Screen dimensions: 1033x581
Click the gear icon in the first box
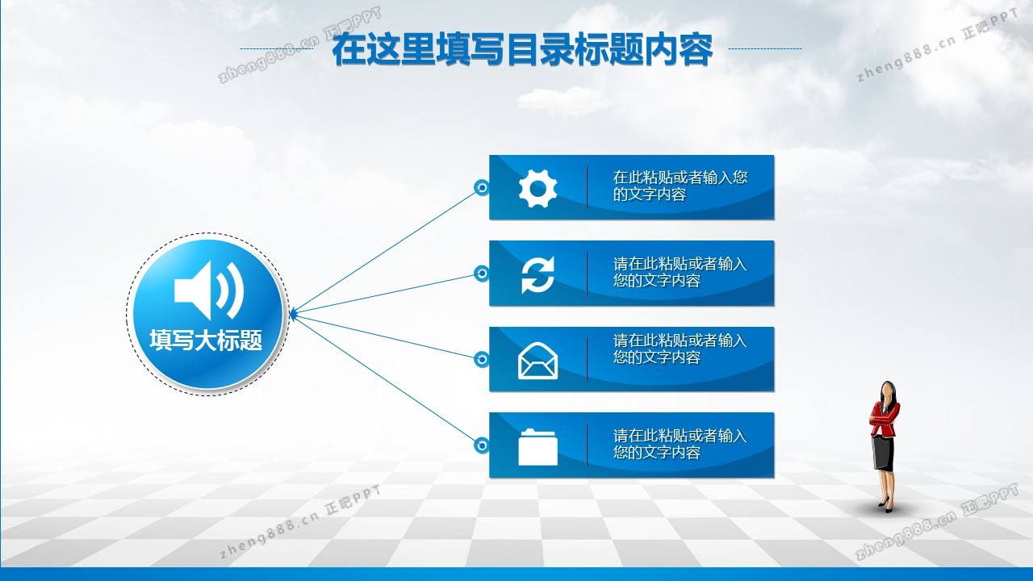537,188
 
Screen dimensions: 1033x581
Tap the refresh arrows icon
537,274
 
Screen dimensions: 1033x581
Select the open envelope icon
537,361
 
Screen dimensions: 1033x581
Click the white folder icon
537,447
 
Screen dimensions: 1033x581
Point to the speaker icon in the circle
209,290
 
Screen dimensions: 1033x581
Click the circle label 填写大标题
206,341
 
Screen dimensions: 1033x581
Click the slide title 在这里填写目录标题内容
522,49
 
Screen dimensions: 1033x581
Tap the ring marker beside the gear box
482,188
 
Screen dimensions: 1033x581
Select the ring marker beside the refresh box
482,274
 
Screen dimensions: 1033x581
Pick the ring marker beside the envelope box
482,359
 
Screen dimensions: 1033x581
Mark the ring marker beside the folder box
482,445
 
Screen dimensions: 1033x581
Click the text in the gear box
680,186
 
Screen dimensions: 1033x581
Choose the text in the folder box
680,444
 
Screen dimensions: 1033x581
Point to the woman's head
888,391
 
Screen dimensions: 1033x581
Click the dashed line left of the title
277,48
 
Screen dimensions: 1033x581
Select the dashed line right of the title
764,48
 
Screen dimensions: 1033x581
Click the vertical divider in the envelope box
587,359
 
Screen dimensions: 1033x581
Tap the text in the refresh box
680,272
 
